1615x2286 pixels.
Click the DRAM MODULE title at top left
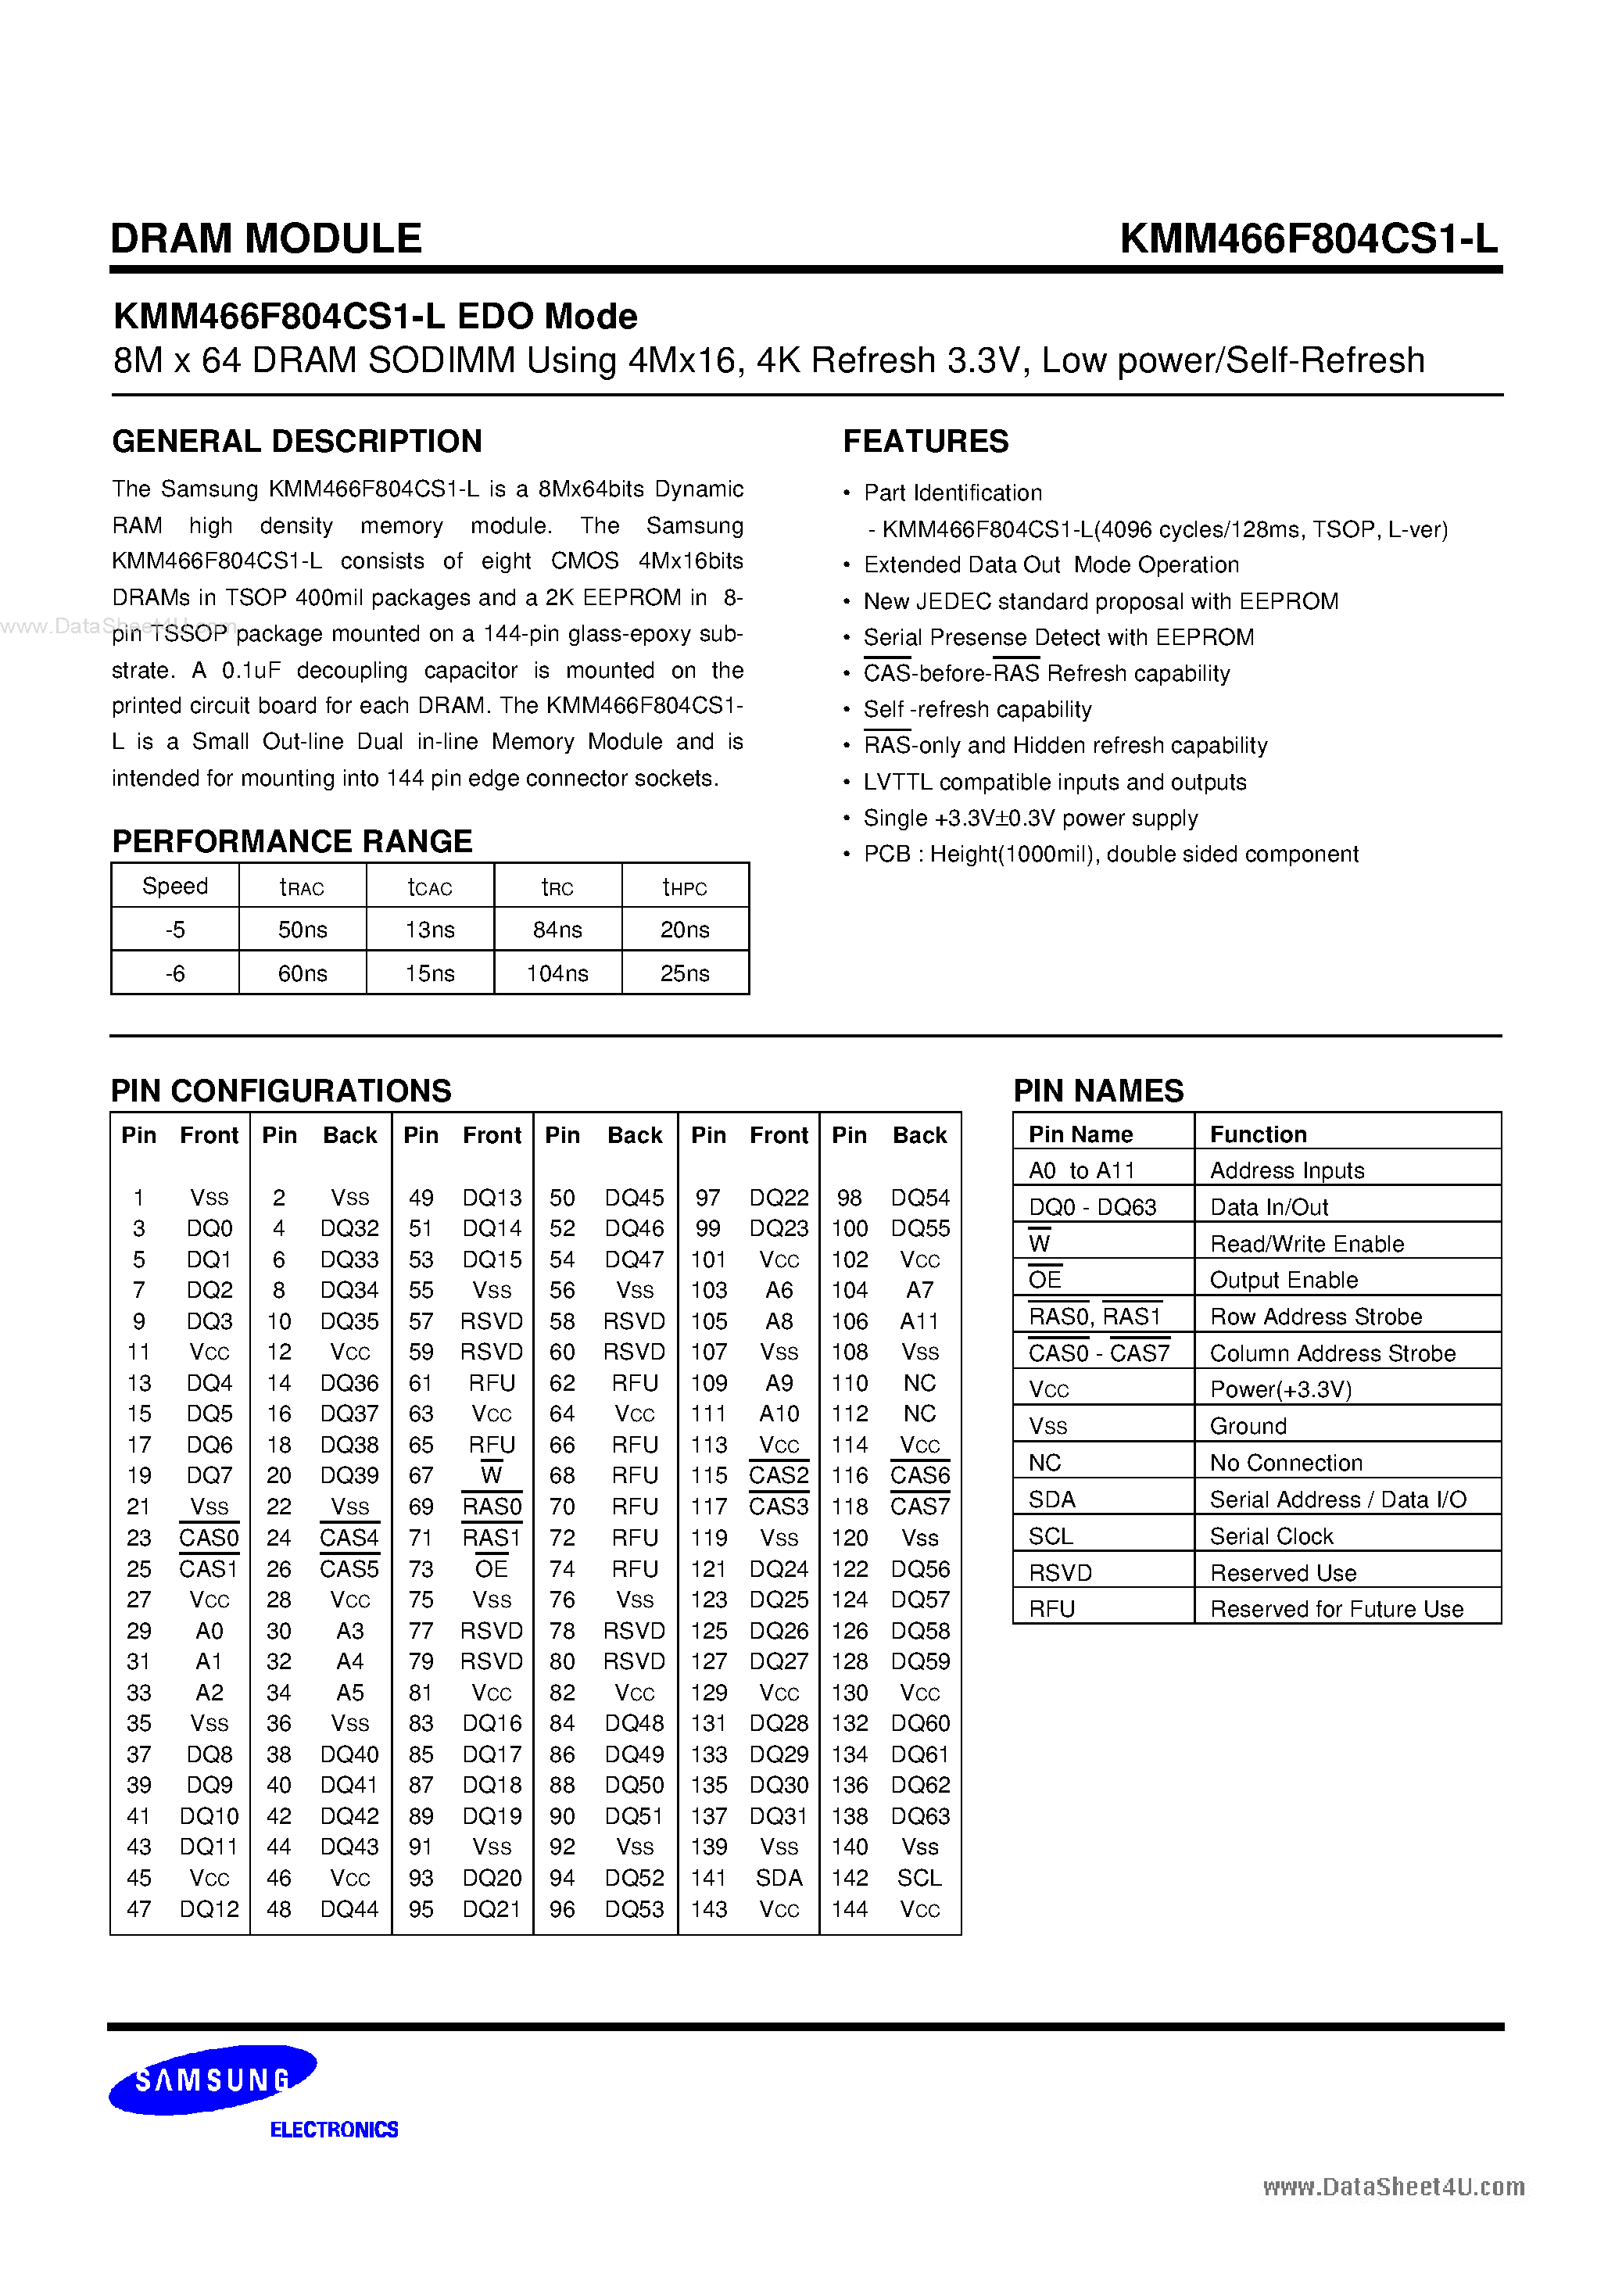pyautogui.click(x=266, y=239)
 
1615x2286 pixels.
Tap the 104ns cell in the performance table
pyautogui.click(x=557, y=974)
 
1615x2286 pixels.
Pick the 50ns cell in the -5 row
pyautogui.click(x=302, y=930)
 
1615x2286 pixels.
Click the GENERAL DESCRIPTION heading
pyautogui.click(x=297, y=441)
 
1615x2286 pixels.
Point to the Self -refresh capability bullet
pyautogui.click(x=977, y=710)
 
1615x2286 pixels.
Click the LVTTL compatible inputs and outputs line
pyautogui.click(x=1055, y=783)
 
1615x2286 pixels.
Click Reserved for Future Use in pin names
pyautogui.click(x=1336, y=1609)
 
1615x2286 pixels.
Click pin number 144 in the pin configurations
pyautogui.click(x=849, y=1910)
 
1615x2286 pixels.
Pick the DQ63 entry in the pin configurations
pyautogui.click(x=920, y=1816)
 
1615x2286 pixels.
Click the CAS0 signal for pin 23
pyautogui.click(x=209, y=1539)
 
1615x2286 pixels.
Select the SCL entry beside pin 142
pyautogui.click(x=919, y=1878)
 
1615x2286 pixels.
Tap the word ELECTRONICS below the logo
pyautogui.click(x=334, y=2130)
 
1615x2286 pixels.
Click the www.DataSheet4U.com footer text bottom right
pyautogui.click(x=1393, y=2187)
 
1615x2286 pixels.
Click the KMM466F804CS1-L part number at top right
pyautogui.click(x=1307, y=239)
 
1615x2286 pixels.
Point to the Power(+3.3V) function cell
pyautogui.click(x=1280, y=1390)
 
